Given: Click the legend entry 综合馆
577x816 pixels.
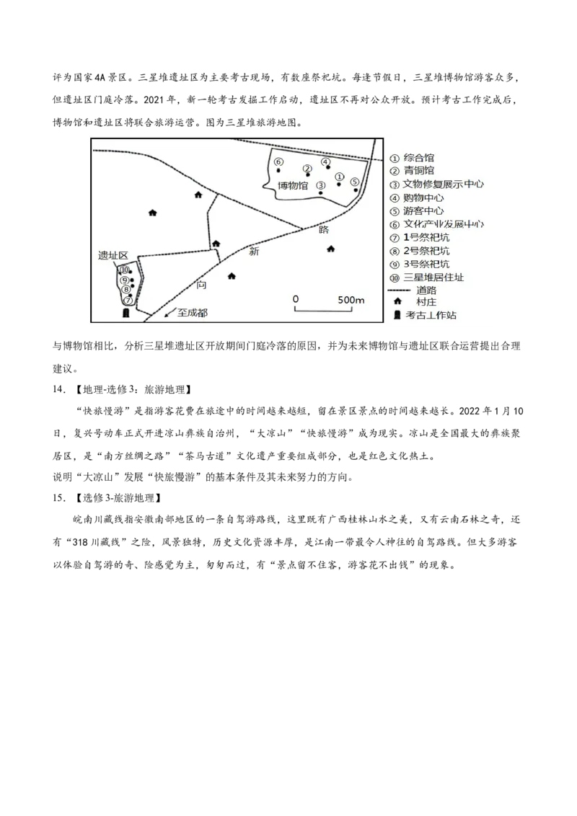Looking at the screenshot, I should [418, 158].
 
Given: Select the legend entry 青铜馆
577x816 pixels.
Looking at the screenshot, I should [418, 172].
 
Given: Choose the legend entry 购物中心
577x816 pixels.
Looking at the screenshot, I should [423, 198].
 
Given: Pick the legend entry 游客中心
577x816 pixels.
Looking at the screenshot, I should [423, 211].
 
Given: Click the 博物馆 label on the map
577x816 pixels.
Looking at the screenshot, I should [293, 186].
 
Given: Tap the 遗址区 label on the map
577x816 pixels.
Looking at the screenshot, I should [113, 256].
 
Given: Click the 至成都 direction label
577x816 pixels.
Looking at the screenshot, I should [192, 314].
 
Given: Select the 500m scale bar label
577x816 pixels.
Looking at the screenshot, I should [351, 300].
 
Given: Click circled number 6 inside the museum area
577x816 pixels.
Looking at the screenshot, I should [278, 161].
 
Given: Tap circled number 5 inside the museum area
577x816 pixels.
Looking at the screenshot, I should [354, 182].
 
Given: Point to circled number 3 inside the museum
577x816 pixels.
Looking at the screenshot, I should [321, 185].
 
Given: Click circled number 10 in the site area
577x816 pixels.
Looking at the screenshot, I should [124, 270].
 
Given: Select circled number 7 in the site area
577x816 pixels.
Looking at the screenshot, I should [128, 300].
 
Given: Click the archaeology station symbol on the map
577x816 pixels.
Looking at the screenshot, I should [125, 314].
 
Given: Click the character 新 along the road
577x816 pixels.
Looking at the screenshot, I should [254, 252].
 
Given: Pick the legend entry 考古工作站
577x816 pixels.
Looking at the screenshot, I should [431, 315].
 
